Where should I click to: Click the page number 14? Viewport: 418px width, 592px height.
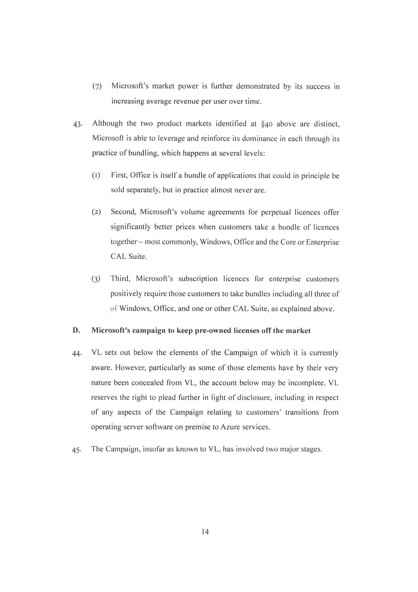point(205,532)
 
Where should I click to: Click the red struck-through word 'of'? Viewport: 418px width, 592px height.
point(114,308)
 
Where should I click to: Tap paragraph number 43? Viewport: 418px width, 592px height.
point(78,124)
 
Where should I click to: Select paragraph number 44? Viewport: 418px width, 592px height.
point(77,354)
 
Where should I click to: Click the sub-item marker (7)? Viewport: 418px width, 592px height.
point(97,86)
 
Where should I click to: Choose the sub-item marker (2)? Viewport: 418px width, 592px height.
point(96,212)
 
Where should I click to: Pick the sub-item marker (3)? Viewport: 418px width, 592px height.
point(96,279)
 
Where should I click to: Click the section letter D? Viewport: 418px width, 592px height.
point(76,331)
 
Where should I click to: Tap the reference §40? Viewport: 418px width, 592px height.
point(267,124)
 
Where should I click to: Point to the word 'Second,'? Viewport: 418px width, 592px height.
point(123,212)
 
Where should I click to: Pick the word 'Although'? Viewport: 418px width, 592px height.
point(107,124)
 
